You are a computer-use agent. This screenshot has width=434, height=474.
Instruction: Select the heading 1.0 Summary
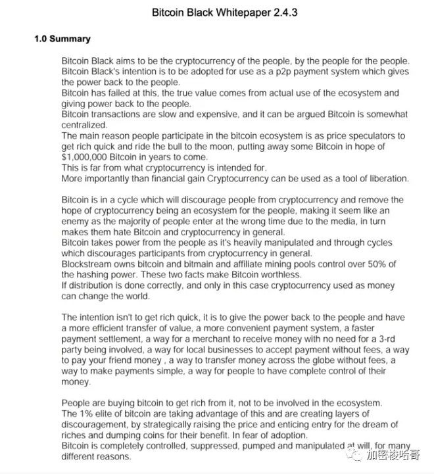pos(62,39)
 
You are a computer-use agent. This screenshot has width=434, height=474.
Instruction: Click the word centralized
pos(84,125)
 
